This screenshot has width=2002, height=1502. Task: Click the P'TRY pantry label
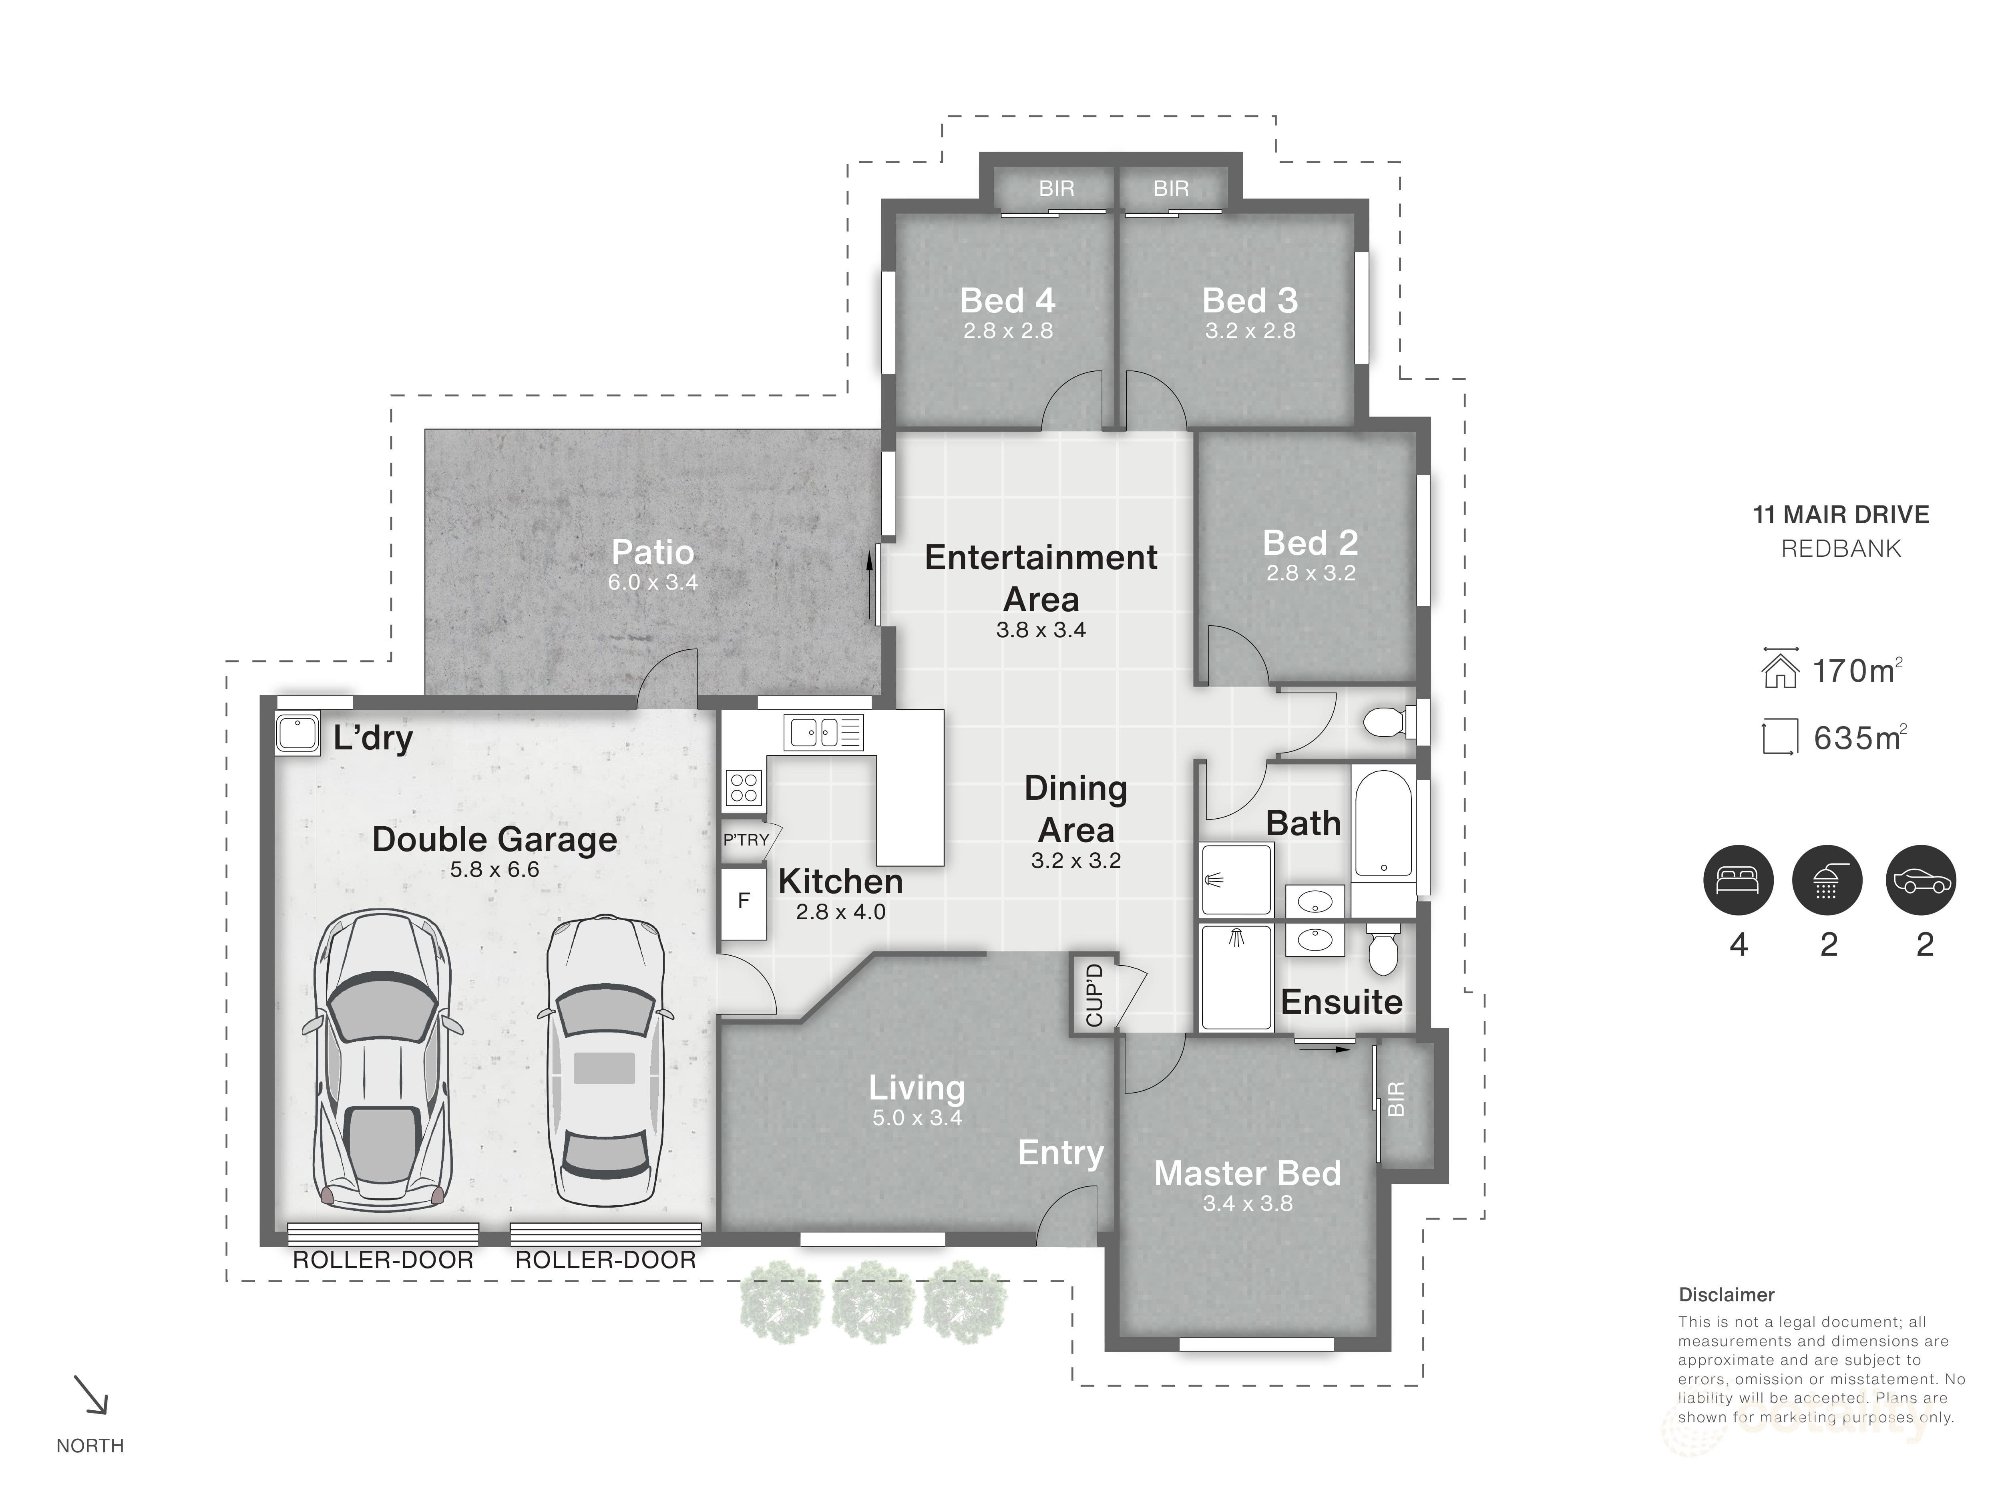[x=746, y=840]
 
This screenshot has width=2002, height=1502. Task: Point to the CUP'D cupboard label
[x=1094, y=995]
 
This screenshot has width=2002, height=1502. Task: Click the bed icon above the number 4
[x=1738, y=880]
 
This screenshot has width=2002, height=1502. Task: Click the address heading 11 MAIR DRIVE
[x=1841, y=515]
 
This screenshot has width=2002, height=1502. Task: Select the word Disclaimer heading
[x=1726, y=1296]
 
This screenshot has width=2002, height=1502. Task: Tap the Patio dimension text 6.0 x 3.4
[x=653, y=582]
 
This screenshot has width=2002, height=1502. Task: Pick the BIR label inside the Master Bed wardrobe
[x=1397, y=1099]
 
